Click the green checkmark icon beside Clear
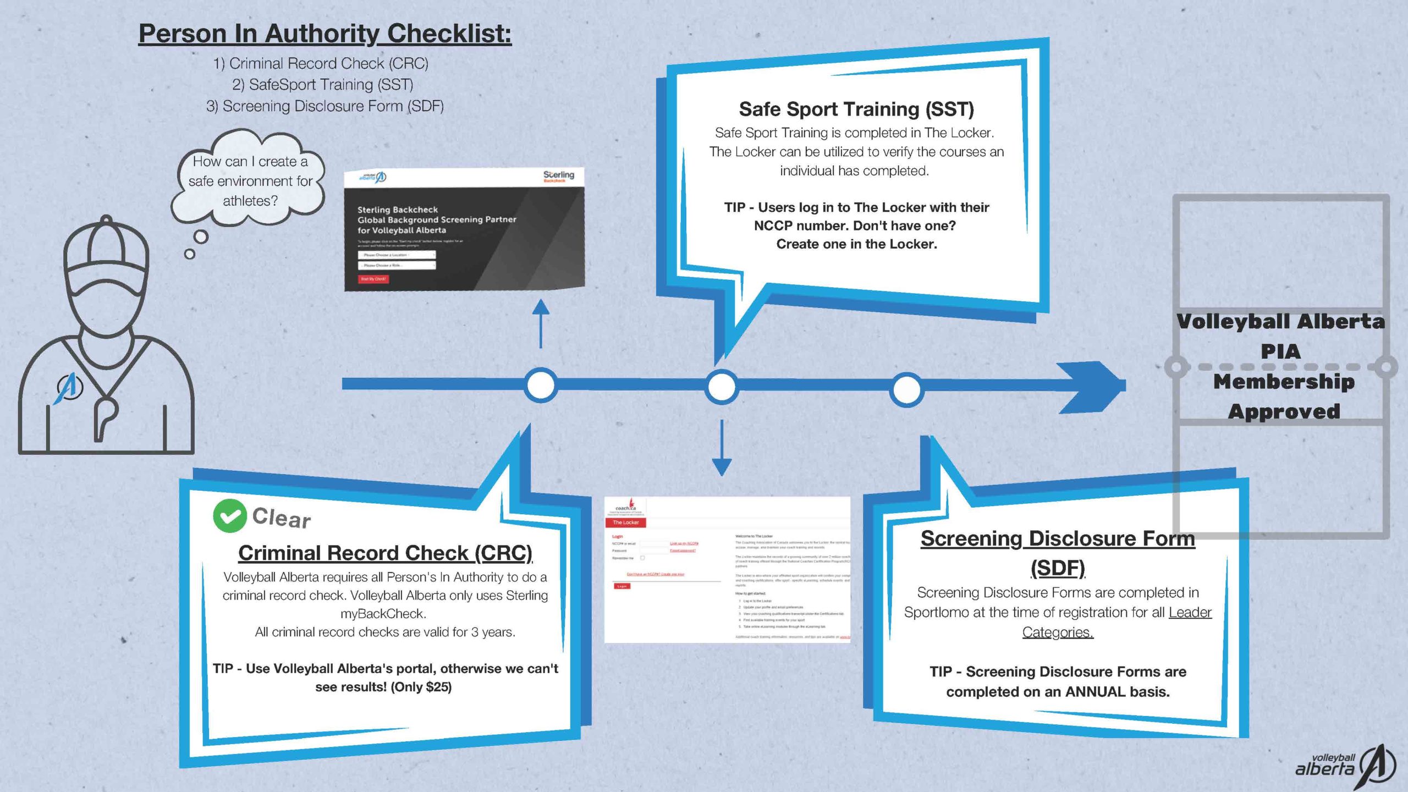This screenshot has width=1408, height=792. pyautogui.click(x=229, y=516)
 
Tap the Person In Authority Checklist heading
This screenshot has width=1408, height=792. pyautogui.click(x=324, y=34)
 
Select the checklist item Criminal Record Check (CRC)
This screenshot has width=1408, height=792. pyautogui.click(x=321, y=64)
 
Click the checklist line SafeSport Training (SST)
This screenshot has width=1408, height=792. pyautogui.click(x=322, y=85)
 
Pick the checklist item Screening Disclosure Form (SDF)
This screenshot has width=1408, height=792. pyautogui.click(x=324, y=106)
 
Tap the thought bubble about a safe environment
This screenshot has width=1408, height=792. pyautogui.click(x=250, y=181)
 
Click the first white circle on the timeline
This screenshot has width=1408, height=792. pyautogui.click(x=541, y=385)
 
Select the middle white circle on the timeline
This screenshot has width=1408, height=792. pyautogui.click(x=722, y=387)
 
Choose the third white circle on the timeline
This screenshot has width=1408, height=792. pyautogui.click(x=906, y=389)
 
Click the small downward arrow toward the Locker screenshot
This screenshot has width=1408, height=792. pyautogui.click(x=722, y=448)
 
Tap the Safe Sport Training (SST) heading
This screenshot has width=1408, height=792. pyautogui.click(x=856, y=109)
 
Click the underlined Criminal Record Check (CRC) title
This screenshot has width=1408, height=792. pyautogui.click(x=385, y=553)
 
